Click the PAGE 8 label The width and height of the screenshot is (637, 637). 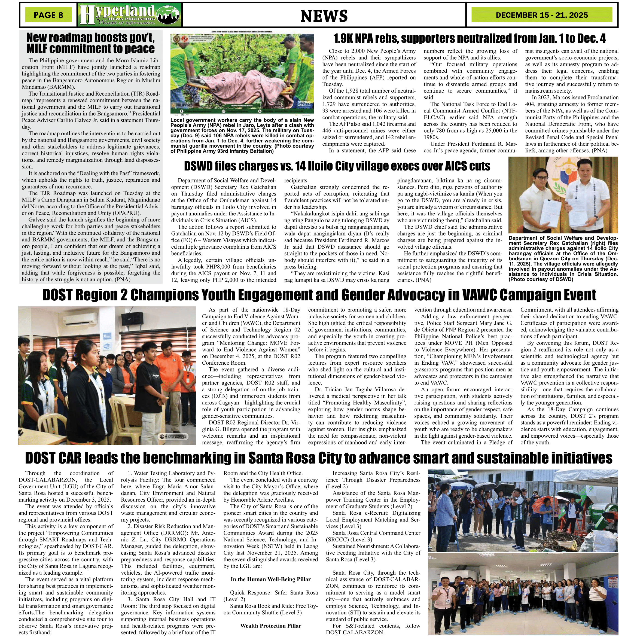48,15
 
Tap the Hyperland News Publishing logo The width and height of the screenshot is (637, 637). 130,15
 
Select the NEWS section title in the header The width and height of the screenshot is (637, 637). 324,16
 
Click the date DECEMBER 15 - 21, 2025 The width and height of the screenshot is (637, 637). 541,15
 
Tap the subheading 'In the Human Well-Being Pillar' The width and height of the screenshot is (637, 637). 270,579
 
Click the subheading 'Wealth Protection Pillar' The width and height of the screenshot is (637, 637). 270,626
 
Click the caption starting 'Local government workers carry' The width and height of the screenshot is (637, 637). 242,136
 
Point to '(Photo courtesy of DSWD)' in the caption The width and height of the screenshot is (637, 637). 541,279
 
